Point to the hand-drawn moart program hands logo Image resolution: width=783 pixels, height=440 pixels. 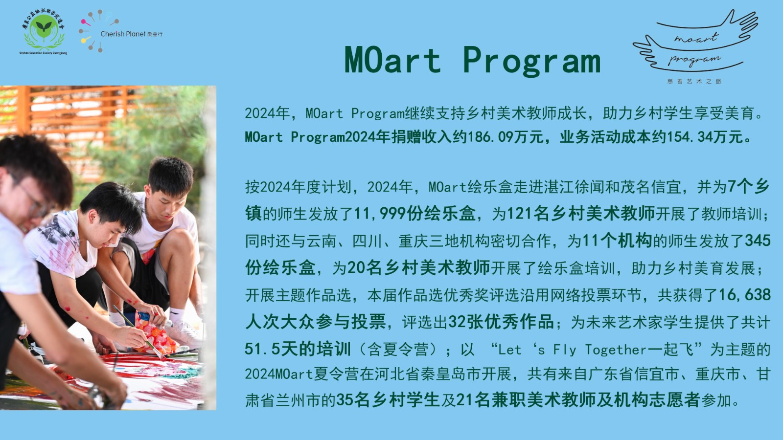click(695, 42)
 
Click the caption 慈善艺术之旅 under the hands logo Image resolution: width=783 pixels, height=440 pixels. click(694, 81)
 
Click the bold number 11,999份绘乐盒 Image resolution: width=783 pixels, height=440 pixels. click(415, 213)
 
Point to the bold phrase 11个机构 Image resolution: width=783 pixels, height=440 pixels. click(617, 241)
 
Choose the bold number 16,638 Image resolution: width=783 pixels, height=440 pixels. click(744, 295)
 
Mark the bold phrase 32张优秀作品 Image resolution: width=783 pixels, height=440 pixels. click(501, 322)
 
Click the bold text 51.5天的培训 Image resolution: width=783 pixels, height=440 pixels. click(298, 349)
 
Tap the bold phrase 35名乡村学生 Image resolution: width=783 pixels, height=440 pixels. click(388, 400)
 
